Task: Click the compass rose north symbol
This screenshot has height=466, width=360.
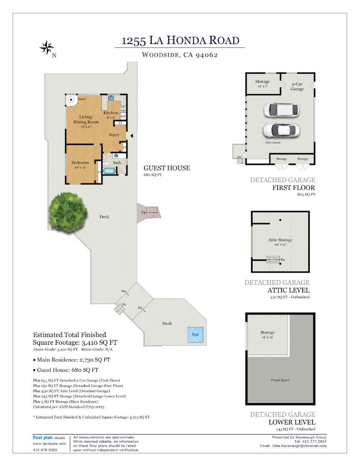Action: pyautogui.click(x=46, y=47)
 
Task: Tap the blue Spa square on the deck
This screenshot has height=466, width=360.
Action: pyautogui.click(x=195, y=334)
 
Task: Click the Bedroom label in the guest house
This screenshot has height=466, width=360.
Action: pyautogui.click(x=80, y=163)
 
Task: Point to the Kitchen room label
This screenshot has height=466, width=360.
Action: pyautogui.click(x=110, y=113)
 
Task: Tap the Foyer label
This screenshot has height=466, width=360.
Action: pyautogui.click(x=114, y=135)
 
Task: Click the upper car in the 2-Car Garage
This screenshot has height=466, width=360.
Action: pyautogui.click(x=281, y=110)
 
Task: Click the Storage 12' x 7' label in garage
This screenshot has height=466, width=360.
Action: pyautogui.click(x=262, y=84)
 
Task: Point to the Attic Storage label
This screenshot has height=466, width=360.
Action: pyautogui.click(x=280, y=240)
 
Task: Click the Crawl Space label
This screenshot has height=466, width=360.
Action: pyautogui.click(x=280, y=380)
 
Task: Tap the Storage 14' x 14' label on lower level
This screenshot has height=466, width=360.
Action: pyautogui.click(x=267, y=335)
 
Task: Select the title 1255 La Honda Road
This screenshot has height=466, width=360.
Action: pyautogui.click(x=180, y=41)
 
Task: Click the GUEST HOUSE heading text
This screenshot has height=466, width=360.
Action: pyautogui.click(x=166, y=168)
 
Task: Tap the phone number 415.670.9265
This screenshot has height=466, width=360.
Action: pyautogui.click(x=45, y=450)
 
